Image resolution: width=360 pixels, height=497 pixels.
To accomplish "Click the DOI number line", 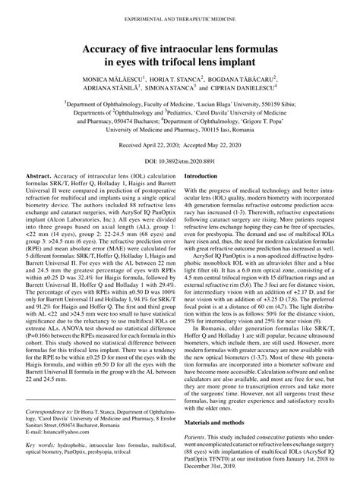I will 179,162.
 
